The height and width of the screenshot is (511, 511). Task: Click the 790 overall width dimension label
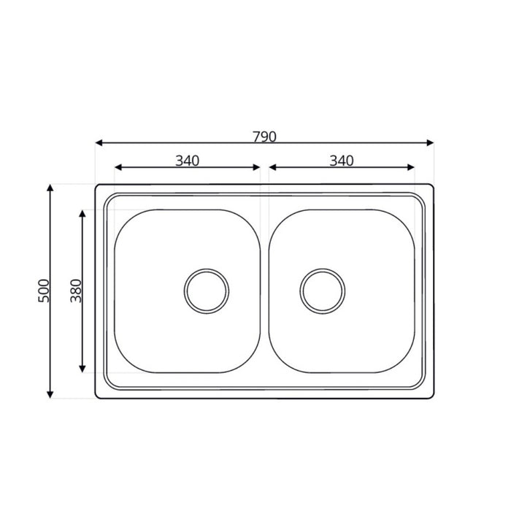pos(264,137)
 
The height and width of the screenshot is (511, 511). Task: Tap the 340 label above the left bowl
pos(188,161)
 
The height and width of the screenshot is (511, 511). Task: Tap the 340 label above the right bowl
pos(342,161)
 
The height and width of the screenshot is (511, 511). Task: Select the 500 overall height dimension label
pos(44,291)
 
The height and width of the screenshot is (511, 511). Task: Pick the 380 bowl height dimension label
pos(76,291)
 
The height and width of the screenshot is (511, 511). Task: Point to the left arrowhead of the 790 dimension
pos(99,143)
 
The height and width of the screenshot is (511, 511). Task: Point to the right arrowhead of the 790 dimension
pos(430,143)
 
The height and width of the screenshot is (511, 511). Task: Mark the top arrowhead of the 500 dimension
pos(50,188)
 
